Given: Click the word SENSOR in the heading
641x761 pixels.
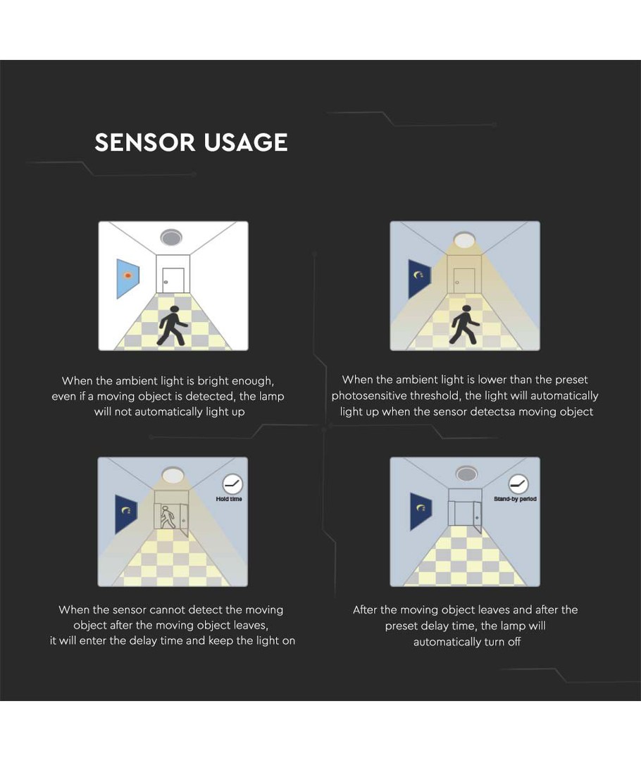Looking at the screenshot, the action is click(144, 142).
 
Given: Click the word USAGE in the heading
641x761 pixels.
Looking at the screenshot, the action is click(246, 142).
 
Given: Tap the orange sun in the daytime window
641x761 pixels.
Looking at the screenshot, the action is click(128, 276).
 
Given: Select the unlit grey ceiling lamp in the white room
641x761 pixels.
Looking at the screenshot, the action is click(171, 237).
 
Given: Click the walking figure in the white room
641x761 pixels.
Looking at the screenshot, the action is click(172, 326).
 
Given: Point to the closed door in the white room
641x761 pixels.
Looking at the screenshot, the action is click(173, 280).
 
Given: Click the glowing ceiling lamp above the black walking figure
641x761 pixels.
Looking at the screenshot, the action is click(464, 240).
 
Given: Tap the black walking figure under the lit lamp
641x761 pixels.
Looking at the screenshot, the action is click(464, 325).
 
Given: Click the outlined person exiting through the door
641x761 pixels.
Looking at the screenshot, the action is click(168, 517).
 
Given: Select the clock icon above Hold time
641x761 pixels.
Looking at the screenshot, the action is click(232, 484).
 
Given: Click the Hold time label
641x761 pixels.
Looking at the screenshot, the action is click(228, 499).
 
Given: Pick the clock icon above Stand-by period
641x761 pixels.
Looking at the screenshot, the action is click(518, 484).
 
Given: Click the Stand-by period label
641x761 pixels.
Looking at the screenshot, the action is click(515, 499).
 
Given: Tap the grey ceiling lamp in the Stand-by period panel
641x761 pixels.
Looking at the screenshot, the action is click(466, 474).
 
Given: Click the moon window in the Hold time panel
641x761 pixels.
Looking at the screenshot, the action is click(126, 514).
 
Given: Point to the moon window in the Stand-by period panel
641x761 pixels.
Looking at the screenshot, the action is click(421, 511).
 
